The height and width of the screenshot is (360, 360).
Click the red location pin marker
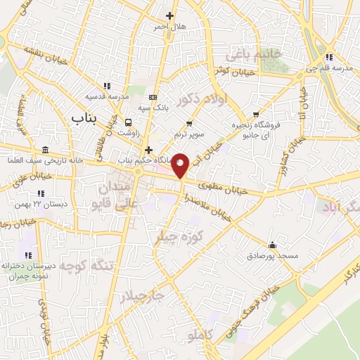(181, 165)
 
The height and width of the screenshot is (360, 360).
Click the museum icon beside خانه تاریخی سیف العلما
(46, 150)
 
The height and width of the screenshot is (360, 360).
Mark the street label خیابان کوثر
(233, 71)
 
